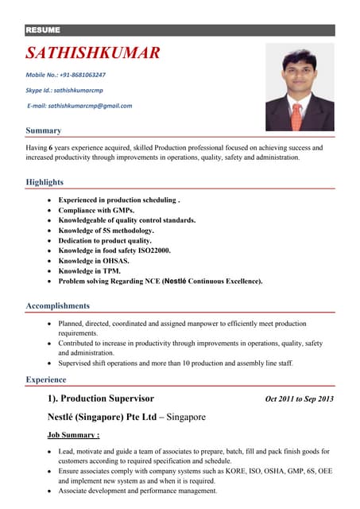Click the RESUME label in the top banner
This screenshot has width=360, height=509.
point(43,30)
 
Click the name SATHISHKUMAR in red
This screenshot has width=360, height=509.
point(93,53)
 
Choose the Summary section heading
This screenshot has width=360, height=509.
point(44,130)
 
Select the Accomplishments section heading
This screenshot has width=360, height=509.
point(58,305)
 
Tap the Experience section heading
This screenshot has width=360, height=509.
point(46,380)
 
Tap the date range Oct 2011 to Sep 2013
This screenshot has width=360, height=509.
point(300,398)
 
